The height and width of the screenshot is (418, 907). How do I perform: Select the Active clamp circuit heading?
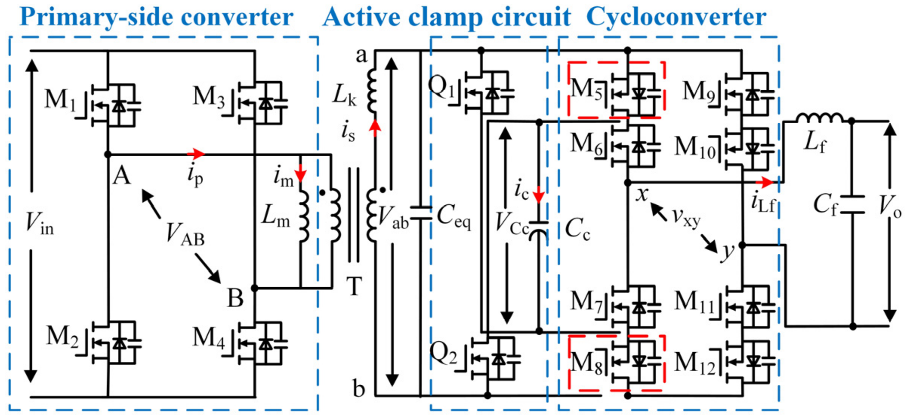(x=447, y=17)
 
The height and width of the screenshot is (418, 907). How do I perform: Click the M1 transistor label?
(x=60, y=100)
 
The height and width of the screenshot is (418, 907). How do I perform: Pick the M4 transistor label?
(x=208, y=337)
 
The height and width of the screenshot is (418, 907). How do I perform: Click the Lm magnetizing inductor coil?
(x=304, y=216)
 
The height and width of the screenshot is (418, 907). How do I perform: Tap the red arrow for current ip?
(x=196, y=154)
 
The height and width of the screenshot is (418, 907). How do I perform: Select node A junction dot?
(x=108, y=154)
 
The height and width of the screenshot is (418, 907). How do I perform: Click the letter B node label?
(x=235, y=298)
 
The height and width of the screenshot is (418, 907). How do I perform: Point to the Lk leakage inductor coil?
(x=372, y=91)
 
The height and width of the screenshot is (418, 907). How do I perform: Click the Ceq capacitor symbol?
(x=421, y=213)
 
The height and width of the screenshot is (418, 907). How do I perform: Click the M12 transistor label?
(x=695, y=363)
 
